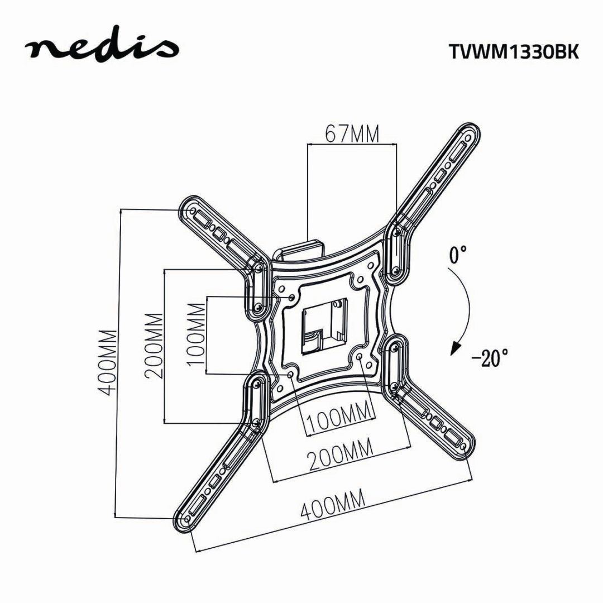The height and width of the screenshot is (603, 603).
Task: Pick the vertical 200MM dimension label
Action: pyautogui.click(x=154, y=346)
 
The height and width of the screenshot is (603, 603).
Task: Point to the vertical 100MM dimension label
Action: pyautogui.click(x=196, y=334)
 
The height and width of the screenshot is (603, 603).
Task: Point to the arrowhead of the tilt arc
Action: pyautogui.click(x=456, y=349)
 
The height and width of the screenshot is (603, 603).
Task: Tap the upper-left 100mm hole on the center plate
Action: pyautogui.click(x=291, y=298)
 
